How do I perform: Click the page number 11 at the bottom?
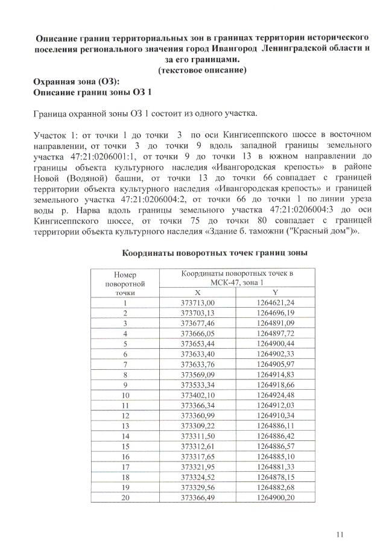340,533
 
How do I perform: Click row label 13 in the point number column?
125,425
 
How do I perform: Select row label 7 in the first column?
125,364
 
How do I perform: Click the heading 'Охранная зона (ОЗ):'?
77,81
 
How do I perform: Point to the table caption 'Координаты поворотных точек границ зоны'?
216,253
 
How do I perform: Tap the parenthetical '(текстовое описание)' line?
201,70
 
